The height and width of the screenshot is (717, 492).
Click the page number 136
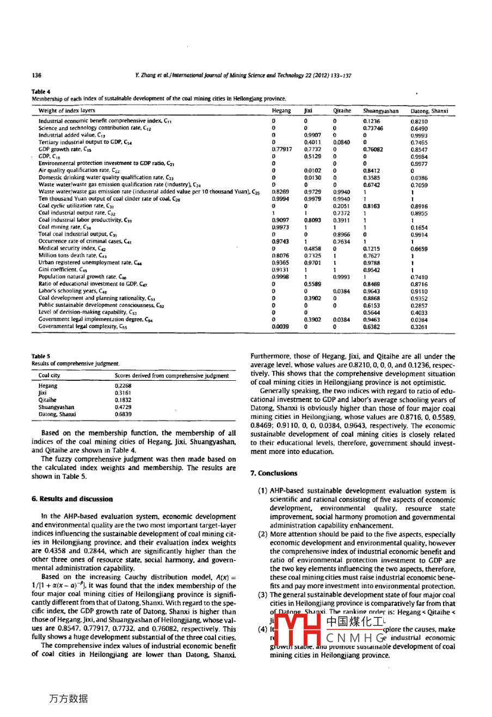tap(36, 76)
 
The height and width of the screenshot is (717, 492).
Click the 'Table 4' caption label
tap(41, 92)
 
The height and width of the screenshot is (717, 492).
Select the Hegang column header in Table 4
tap(281, 111)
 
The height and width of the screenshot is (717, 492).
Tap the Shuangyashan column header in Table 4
tap(380, 111)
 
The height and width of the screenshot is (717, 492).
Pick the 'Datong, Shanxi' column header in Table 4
tap(429, 111)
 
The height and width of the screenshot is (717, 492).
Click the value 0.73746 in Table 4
tap(373, 128)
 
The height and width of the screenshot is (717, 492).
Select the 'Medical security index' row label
tap(67, 249)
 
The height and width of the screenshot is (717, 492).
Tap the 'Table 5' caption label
tap(41, 357)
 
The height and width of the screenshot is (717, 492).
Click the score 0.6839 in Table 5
tap(123, 414)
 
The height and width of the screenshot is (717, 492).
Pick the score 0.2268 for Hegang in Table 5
tap(123, 386)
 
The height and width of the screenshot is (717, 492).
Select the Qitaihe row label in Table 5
tap(47, 400)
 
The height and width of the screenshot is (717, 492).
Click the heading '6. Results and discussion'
tap(72, 499)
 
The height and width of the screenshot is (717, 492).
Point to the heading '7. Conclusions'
tap(274, 473)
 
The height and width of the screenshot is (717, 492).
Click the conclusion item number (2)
tap(263, 534)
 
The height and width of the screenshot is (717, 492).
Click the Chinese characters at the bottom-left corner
tap(69, 699)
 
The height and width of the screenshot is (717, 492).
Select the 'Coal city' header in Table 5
tap(50, 376)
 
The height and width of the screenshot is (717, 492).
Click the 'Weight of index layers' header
tap(66, 111)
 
